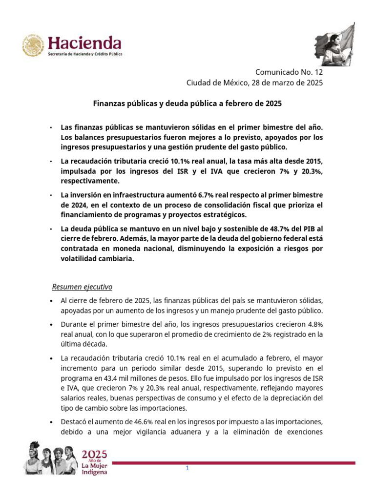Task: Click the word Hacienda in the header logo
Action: click(x=84, y=42)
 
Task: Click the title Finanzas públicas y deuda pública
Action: click(x=187, y=104)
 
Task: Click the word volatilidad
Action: click(x=82, y=260)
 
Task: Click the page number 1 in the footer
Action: click(x=187, y=469)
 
